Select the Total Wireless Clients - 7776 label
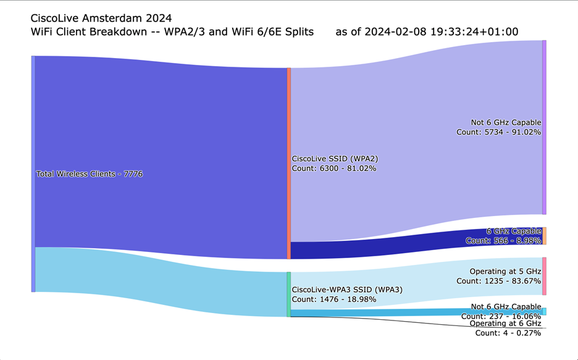point(90,174)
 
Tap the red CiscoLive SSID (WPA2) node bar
point(288,163)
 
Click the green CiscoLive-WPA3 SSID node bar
point(288,295)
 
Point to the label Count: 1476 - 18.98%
point(334,299)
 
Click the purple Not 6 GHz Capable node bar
point(544,127)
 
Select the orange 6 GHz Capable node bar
point(544,236)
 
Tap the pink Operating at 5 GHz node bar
point(544,276)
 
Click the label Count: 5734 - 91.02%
point(498,132)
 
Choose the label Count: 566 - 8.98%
point(503,241)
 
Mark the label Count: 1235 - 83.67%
point(498,281)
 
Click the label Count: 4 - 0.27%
point(508,333)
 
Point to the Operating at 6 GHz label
point(505,324)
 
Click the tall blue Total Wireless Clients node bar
point(33,174)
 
